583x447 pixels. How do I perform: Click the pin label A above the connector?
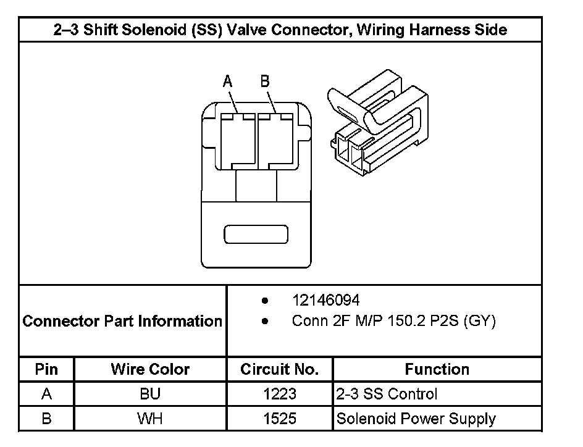point(227,81)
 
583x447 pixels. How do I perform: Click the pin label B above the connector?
point(265,81)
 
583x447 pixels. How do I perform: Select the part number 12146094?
point(325,301)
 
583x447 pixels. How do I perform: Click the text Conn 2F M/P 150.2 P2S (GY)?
point(393,321)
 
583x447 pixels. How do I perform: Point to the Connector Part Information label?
point(122,321)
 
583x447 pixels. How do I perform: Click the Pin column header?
point(46,369)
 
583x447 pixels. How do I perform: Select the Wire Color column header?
point(150,369)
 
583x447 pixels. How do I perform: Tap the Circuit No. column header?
point(280,369)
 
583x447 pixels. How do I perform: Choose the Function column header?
point(437,369)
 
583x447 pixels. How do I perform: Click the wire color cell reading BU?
point(150,394)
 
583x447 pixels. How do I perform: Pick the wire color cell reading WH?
point(150,419)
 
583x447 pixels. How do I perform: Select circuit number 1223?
point(280,394)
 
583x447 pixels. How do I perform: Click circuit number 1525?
point(280,419)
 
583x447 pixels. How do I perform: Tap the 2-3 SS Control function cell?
point(387,394)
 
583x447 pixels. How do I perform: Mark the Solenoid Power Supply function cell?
point(416,419)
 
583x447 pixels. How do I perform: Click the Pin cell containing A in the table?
point(46,394)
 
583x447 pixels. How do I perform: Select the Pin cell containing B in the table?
point(46,419)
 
